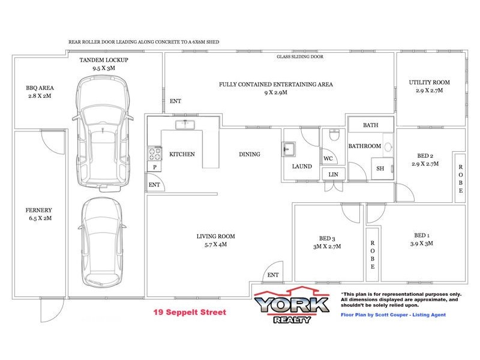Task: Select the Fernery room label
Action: [39, 210]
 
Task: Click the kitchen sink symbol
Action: [184, 125]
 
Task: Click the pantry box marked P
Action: [155, 167]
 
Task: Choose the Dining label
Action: [250, 154]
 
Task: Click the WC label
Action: [328, 159]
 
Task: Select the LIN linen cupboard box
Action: [334, 174]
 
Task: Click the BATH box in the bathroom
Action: [370, 125]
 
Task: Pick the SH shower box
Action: [380, 169]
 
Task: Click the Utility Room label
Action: [429, 82]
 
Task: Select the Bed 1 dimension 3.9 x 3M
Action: [422, 244]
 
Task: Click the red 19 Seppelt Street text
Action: [190, 313]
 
